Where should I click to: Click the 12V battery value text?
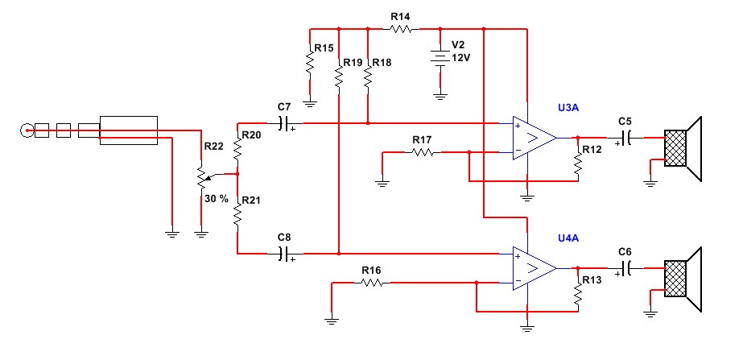tap(460, 58)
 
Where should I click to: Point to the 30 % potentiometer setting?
tap(217, 197)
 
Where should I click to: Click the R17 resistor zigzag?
tap(422, 151)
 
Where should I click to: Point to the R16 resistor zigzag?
tap(371, 283)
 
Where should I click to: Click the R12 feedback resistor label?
tap(592, 151)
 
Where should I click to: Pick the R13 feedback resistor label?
tap(592, 280)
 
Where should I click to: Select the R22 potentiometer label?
tap(213, 147)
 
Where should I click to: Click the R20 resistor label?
tap(253, 135)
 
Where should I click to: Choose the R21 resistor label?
tap(253, 200)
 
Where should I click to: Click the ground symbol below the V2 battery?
tap(440, 95)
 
